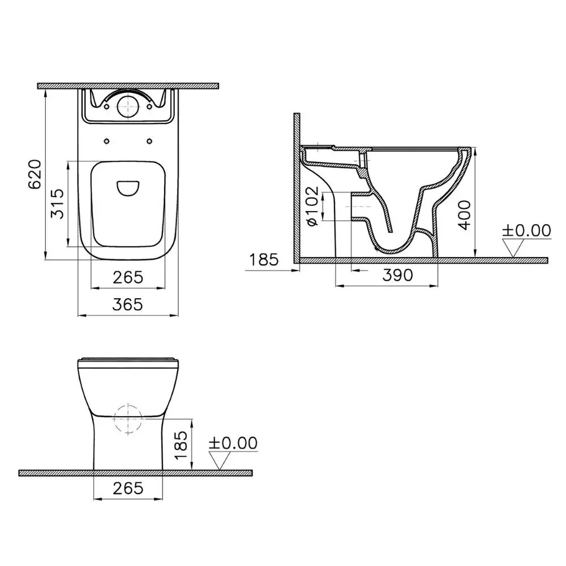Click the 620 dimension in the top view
(x=35, y=174)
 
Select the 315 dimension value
(x=57, y=204)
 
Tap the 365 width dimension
(x=127, y=305)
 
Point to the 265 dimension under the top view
(x=127, y=277)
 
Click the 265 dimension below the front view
(x=127, y=488)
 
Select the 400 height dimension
(x=464, y=214)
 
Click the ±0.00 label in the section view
(x=526, y=230)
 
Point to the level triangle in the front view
(x=221, y=460)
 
